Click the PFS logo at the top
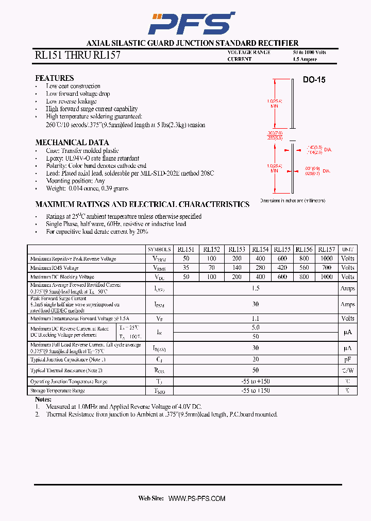[x=191, y=23]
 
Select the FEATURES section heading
[x=54, y=78]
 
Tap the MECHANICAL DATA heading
[x=72, y=143]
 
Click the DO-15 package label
[x=314, y=80]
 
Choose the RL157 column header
[x=326, y=249]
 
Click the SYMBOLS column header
[x=159, y=250]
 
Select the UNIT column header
[x=348, y=250]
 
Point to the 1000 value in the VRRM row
[x=326, y=258]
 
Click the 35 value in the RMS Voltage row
[x=186, y=268]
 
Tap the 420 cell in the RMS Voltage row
[x=282, y=268]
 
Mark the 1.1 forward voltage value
[x=256, y=319]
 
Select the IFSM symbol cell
[x=159, y=304]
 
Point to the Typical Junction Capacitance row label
[x=68, y=359]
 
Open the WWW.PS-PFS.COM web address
[x=197, y=498]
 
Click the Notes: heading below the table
[x=43, y=400]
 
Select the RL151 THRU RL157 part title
[x=77, y=56]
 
